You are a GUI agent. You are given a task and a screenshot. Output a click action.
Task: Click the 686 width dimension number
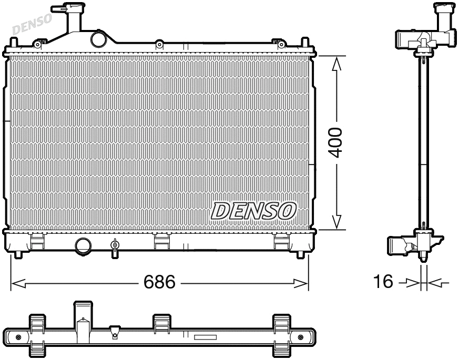pos(160,282)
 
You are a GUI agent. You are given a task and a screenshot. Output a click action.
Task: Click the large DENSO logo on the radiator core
pos(253,210)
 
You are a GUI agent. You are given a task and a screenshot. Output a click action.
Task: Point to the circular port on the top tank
pos(98,39)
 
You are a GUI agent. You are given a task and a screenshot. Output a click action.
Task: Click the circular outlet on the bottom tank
pos(83,245)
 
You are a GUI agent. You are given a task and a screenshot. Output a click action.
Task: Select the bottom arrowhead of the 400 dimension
pos(336,223)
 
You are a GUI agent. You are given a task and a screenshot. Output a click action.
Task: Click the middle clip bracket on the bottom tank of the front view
pos(161,241)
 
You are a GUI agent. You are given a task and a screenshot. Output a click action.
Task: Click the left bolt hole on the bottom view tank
pos(19,337)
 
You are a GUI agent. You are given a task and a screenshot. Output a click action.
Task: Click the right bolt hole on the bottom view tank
pos(300,337)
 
